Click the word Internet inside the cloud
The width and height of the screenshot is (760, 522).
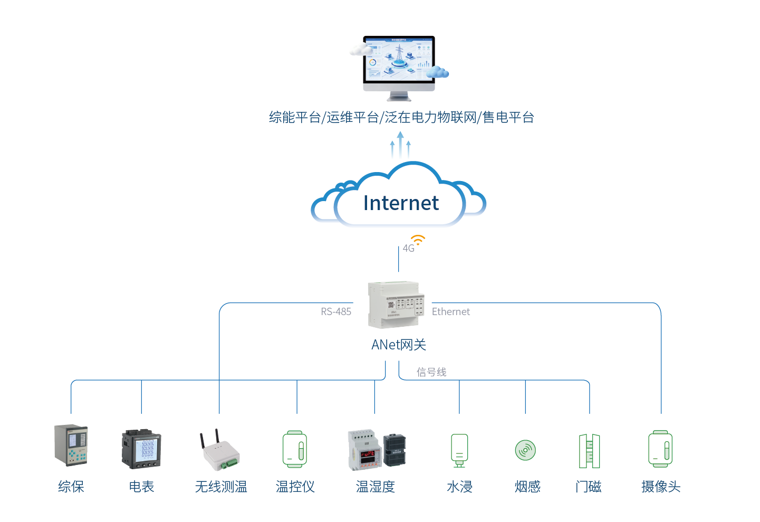tap(401, 203)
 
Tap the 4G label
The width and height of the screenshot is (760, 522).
tap(408, 249)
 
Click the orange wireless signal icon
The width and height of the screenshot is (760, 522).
tap(418, 240)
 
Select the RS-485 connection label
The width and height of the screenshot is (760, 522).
tap(336, 312)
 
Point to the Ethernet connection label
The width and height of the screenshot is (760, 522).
tap(450, 312)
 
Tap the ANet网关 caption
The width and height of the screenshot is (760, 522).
tap(399, 345)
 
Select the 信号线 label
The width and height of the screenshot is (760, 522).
tap(431, 372)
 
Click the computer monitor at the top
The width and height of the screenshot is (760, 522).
tap(399, 66)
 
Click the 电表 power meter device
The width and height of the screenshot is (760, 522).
tap(141, 449)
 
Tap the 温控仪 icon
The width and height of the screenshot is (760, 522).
tap(295, 449)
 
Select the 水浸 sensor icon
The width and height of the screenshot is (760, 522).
tap(459, 450)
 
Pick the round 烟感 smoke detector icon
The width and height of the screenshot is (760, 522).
tap(525, 450)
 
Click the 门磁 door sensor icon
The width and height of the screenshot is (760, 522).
tap(589, 451)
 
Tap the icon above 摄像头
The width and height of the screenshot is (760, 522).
tap(660, 449)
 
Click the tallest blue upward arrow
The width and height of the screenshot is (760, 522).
tap(400, 145)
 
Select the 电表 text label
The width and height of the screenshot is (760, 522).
tap(141, 487)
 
